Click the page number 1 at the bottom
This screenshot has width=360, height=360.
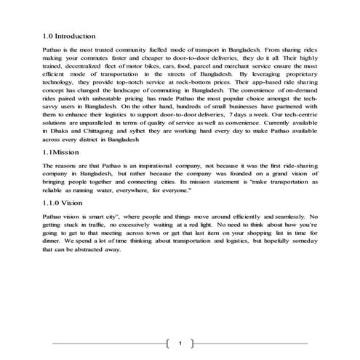pos(179,343)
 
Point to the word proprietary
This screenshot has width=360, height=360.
pos(299,74)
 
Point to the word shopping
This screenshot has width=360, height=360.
pos(255,235)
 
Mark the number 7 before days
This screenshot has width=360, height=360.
pos(251,113)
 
